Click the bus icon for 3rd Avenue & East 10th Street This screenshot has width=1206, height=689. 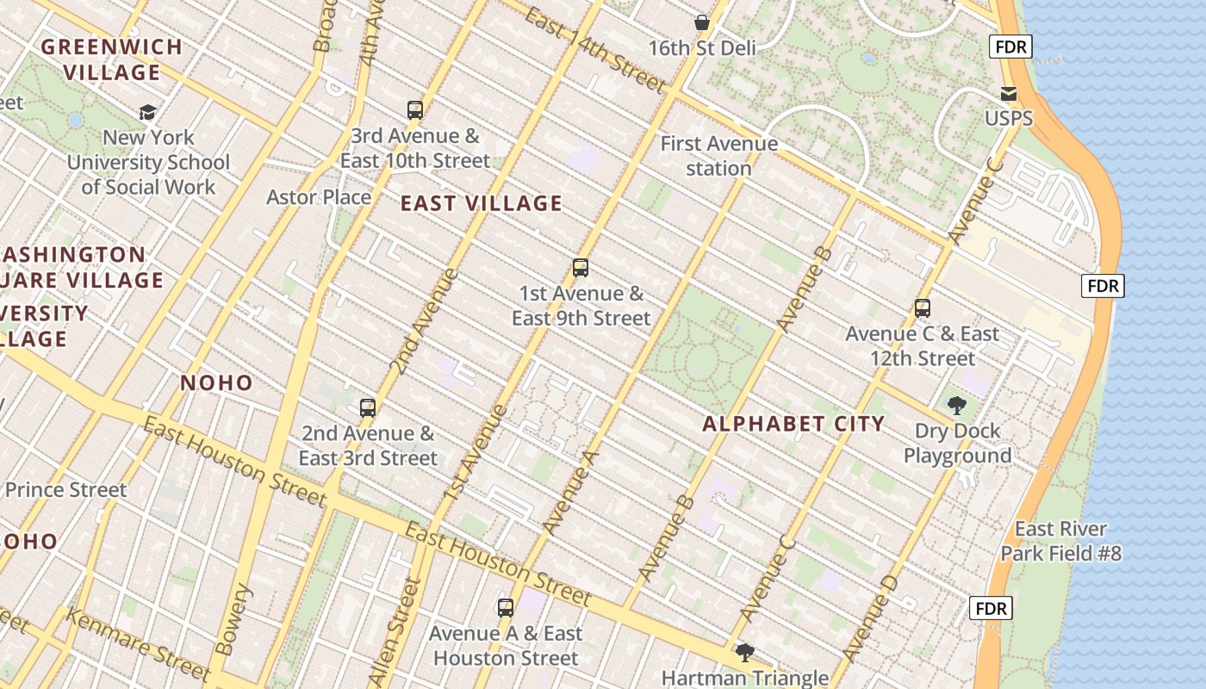[415, 110]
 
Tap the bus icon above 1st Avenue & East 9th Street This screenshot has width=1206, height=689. [581, 268]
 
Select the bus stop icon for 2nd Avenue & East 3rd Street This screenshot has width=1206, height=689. [368, 407]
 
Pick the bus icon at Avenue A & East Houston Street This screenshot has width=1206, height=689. [506, 608]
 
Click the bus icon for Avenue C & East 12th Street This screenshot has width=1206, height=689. [923, 308]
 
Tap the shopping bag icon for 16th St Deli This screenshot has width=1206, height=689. [702, 22]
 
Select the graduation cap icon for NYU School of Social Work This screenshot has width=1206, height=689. [148, 112]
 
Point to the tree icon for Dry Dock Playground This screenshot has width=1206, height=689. [956, 406]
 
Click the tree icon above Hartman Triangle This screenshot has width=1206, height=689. [745, 653]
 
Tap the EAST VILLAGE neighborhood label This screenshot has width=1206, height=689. [482, 203]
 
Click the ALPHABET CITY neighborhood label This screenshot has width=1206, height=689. [793, 424]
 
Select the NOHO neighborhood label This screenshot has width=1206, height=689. [216, 383]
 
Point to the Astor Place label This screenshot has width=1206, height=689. [319, 197]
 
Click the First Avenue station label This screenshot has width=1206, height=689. [719, 156]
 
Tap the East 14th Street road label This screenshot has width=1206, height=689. [594, 52]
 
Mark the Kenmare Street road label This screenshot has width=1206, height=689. [138, 644]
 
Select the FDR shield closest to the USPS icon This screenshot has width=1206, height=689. [1010, 47]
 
